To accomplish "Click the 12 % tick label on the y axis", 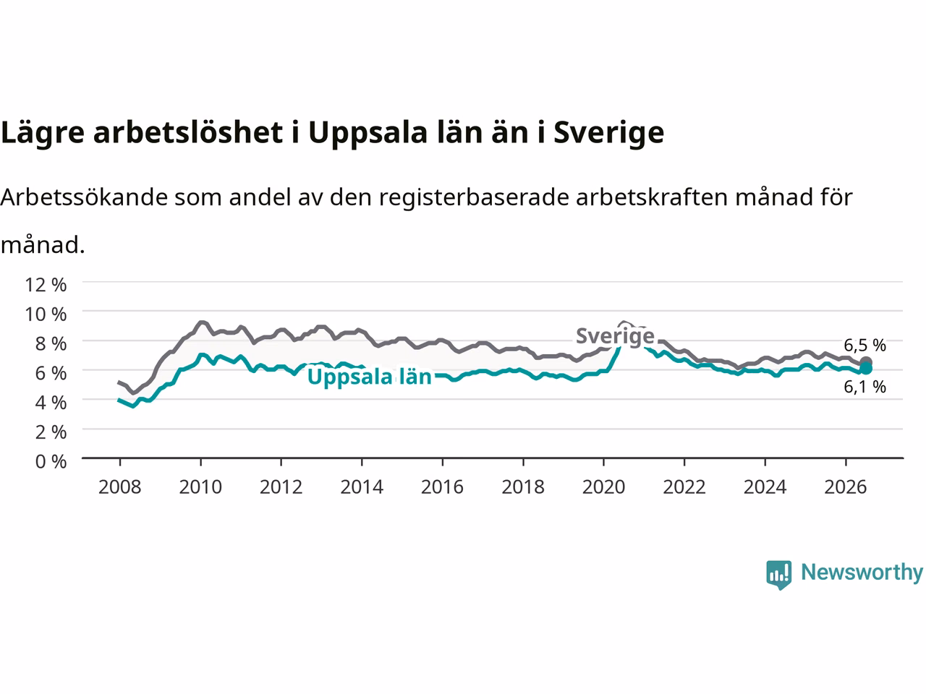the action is click(46, 285).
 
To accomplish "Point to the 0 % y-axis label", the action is click(51, 462).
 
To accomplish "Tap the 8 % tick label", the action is click(51, 344).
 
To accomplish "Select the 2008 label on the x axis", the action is click(120, 487).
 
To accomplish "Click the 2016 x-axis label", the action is click(442, 487).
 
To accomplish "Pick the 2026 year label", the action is click(846, 487).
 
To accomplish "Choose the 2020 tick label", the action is click(603, 487).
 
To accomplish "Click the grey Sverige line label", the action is click(615, 336).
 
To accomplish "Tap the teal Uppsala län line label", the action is click(370, 377).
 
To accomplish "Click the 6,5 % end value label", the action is click(865, 345).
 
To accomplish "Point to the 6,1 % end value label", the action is click(865, 387).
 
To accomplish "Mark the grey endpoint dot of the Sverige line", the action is click(866, 362).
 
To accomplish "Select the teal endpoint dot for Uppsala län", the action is click(866, 369).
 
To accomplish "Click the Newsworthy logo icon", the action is click(778, 575).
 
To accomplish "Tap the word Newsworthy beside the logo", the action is click(862, 573).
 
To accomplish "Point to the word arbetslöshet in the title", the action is click(188, 132).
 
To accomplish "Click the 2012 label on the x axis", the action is click(281, 487).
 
